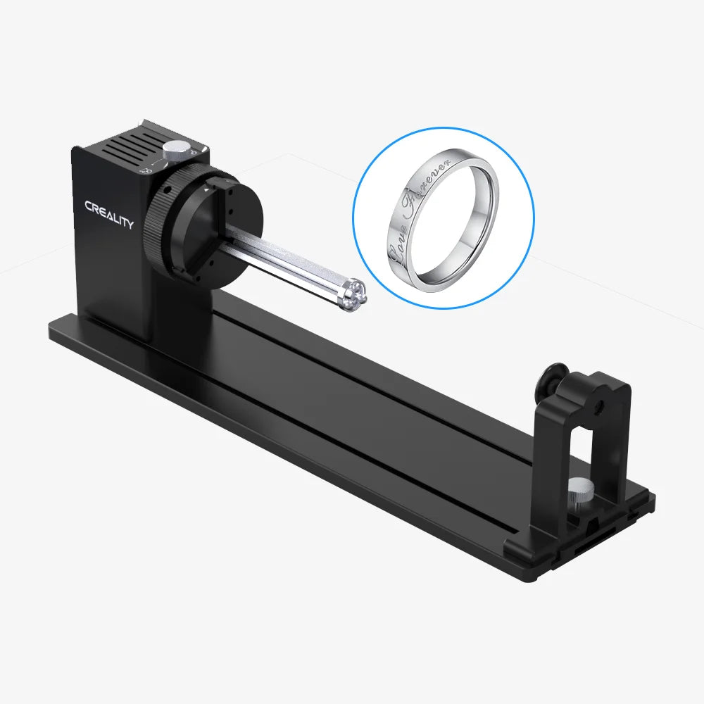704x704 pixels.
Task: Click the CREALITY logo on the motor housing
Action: (108, 215)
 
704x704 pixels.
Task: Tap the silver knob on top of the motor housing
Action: (176, 149)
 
